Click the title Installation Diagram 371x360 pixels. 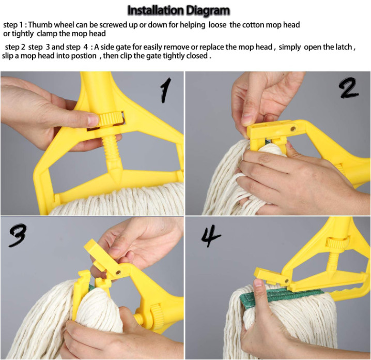point(179,11)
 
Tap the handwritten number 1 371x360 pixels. point(166,90)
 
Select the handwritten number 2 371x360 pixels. point(348,88)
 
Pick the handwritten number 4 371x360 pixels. point(211,236)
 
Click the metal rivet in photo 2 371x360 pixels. point(293,129)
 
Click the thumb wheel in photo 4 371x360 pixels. point(337,243)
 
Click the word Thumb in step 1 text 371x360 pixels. point(39,25)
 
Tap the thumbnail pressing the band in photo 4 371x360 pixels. point(258,283)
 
